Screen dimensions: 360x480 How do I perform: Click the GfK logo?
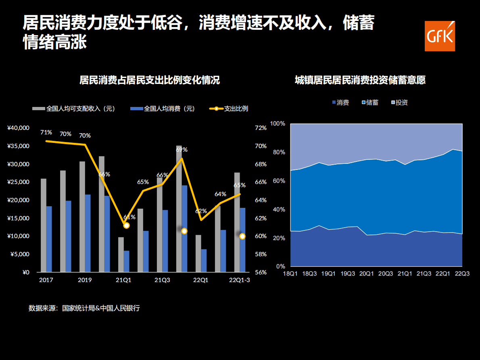click(x=440, y=36)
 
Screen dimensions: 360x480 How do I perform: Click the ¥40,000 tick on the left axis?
click(x=19, y=128)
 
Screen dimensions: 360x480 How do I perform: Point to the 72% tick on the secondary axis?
click(x=261, y=128)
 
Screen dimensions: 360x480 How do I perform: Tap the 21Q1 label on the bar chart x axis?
click(x=123, y=280)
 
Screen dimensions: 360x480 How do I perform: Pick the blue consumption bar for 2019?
click(x=88, y=233)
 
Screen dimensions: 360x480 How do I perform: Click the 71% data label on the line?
click(x=46, y=132)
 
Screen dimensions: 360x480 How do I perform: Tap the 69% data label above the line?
click(x=182, y=150)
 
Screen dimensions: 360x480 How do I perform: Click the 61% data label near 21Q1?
click(x=129, y=217)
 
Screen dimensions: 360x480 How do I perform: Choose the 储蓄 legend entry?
click(x=372, y=103)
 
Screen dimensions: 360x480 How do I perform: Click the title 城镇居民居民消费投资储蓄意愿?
click(x=360, y=80)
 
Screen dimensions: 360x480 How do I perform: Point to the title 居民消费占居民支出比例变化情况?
click(x=150, y=80)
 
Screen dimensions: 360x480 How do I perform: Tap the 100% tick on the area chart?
click(x=278, y=123)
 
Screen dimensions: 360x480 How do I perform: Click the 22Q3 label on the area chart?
click(x=462, y=274)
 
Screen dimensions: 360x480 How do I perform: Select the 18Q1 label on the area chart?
click(x=290, y=274)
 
